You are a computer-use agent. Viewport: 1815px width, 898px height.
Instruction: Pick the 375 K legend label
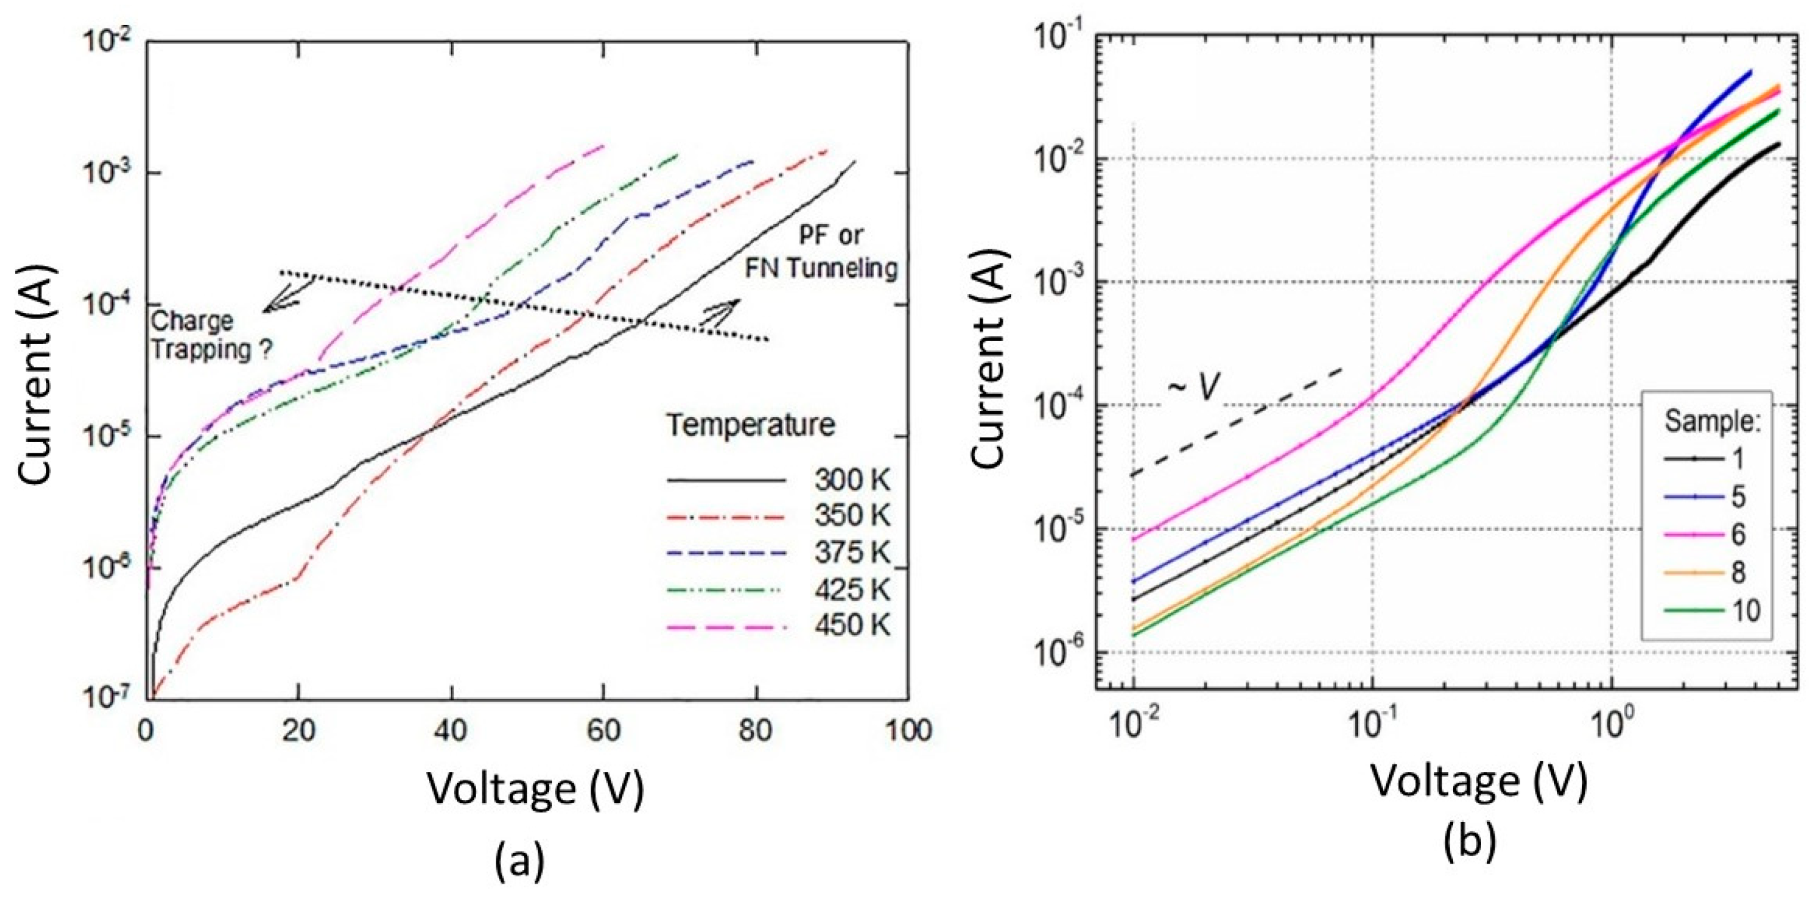(851, 553)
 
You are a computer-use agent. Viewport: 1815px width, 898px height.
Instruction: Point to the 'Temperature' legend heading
(751, 426)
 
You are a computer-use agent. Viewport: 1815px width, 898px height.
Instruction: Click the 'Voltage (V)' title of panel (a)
(536, 788)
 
